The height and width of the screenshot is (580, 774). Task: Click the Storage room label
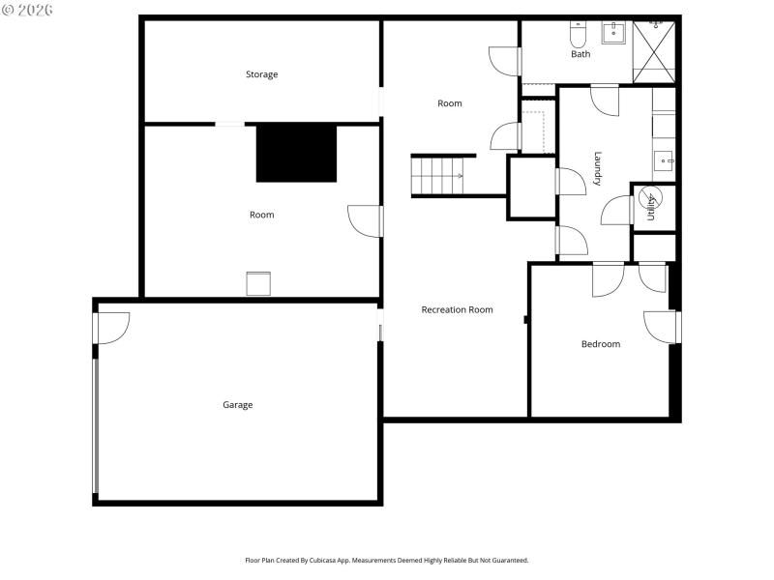coord(261,74)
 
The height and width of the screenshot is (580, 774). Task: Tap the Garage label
coord(237,405)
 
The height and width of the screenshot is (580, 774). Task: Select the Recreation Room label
coord(457,309)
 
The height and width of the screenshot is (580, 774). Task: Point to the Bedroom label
coord(600,344)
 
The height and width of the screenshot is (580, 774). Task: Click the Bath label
coord(580,54)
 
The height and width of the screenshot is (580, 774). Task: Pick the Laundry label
coord(598,168)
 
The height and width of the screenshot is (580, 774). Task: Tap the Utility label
coord(651,208)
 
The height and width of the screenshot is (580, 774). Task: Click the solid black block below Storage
coord(296,153)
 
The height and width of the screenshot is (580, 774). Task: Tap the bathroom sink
coord(613,33)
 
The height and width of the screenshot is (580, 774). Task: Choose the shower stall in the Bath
coord(655,48)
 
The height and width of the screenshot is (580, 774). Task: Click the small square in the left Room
coord(258,284)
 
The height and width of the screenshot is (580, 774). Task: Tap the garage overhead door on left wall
coord(95,425)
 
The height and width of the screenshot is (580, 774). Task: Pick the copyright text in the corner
coord(27,10)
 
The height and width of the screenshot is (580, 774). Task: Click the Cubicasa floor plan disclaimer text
coord(387,560)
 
